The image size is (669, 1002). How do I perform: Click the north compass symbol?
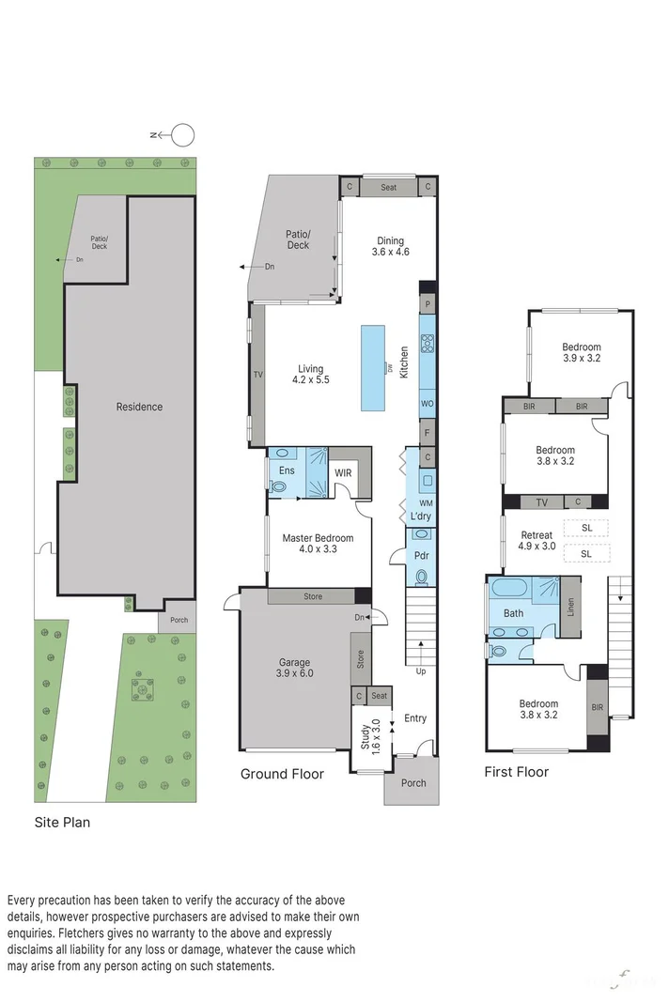[182, 134]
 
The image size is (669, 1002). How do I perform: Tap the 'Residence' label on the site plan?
[139, 407]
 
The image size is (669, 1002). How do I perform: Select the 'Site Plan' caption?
[62, 822]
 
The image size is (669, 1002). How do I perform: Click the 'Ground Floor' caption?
[282, 774]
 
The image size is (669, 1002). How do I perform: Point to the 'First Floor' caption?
[516, 772]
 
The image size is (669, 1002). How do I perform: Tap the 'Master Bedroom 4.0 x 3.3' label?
[318, 544]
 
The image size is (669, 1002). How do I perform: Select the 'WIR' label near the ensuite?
[343, 472]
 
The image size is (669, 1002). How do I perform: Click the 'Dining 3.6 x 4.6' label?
[390, 245]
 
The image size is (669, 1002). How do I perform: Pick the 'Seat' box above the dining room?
[388, 187]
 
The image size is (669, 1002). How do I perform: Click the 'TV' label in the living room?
[257, 374]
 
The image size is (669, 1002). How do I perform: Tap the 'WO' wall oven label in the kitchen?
[427, 403]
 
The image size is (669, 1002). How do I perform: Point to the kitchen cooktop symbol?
[427, 343]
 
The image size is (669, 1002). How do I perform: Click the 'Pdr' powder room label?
[421, 556]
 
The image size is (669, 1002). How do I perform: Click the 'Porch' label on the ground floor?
[413, 782]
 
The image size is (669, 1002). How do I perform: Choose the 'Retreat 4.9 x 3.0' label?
[537, 541]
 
